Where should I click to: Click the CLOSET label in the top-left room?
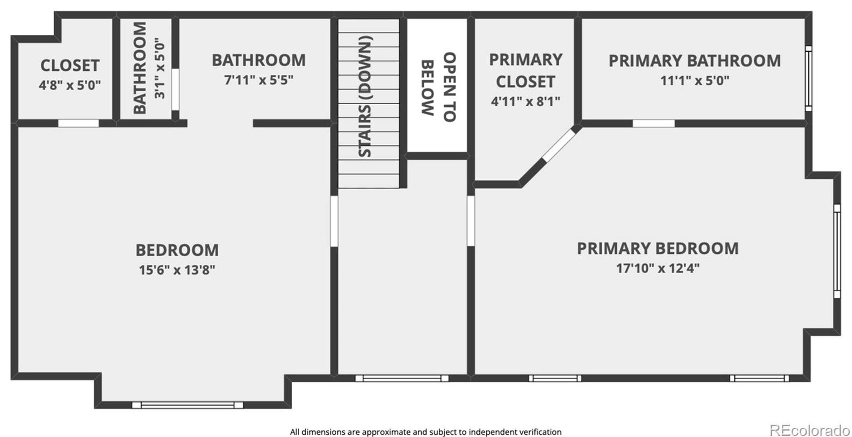tap(70, 65)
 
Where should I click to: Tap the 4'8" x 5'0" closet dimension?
tap(70, 85)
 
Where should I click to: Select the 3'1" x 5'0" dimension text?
tap(160, 68)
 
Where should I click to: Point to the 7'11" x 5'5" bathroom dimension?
tap(258, 80)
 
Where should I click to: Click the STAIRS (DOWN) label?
tap(365, 97)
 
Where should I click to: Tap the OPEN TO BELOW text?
tap(438, 87)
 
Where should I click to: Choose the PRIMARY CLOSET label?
tap(525, 70)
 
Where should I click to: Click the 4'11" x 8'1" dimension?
tap(525, 101)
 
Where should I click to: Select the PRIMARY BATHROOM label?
tap(695, 61)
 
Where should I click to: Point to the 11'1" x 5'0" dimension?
tap(695, 81)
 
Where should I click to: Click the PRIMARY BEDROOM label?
tap(658, 249)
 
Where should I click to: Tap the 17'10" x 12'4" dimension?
tap(658, 268)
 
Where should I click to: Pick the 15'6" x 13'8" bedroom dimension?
tap(177, 270)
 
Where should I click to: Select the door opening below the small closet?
tap(78, 123)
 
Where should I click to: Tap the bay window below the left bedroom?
tap(187, 405)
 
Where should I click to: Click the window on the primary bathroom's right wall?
tap(808, 78)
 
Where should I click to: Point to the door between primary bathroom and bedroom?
tap(653, 123)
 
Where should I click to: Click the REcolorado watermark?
tap(810, 430)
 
